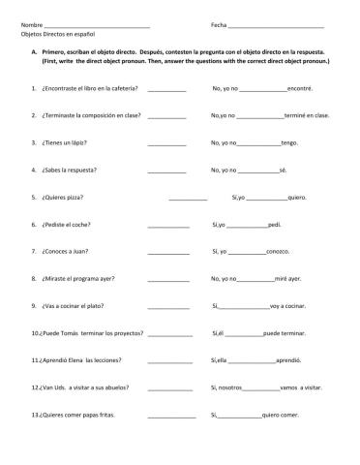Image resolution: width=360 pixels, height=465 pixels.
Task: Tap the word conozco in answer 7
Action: (278, 251)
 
